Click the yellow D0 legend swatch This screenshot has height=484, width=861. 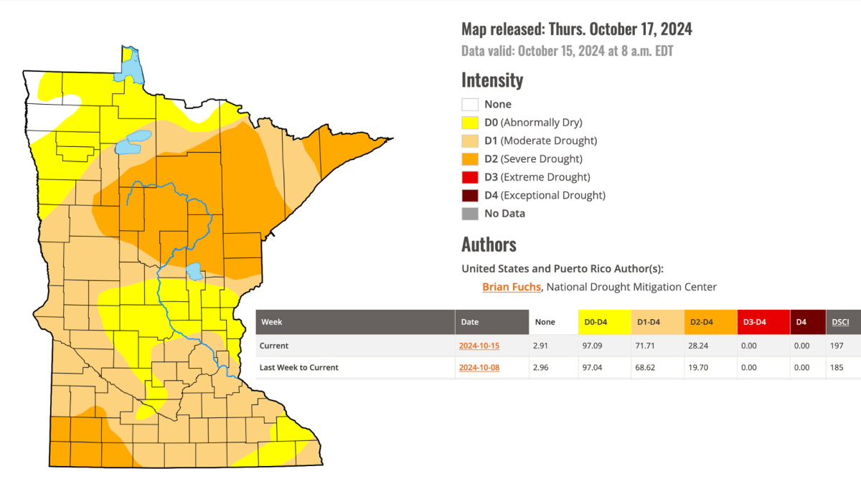point(470,123)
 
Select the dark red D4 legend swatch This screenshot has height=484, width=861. point(470,195)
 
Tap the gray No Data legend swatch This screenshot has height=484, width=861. point(470,214)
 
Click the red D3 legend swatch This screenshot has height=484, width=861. point(470,177)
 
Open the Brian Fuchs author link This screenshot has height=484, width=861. point(512,287)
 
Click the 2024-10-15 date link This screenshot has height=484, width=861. point(479,346)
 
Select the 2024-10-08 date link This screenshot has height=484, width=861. point(479,367)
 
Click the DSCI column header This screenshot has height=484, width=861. point(840,322)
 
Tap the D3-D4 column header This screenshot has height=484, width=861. point(755,322)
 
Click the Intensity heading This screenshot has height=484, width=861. point(492,80)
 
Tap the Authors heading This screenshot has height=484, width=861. point(489,245)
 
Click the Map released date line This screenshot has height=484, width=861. point(576,29)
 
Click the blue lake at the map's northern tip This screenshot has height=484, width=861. point(131,68)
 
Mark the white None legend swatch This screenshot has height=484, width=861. point(470,105)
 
